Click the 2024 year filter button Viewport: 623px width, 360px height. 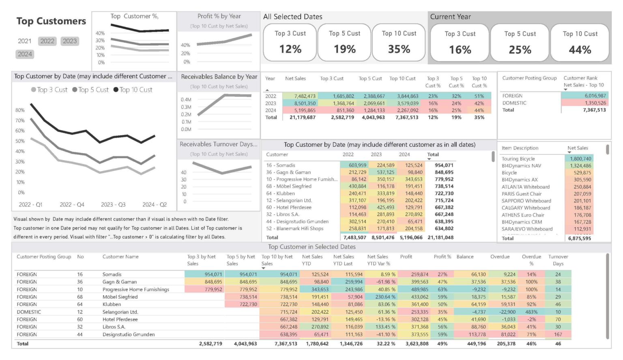tap(25, 54)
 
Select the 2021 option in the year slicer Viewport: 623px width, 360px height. tap(25, 41)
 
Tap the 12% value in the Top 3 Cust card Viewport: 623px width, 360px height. tap(290, 49)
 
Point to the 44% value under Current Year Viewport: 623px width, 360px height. tap(580, 50)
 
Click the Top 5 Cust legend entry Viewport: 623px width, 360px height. tap(90, 90)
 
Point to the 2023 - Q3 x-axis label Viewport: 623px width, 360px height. tap(113, 204)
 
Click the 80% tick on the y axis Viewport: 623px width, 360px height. tap(20, 110)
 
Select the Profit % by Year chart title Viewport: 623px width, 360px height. tap(219, 16)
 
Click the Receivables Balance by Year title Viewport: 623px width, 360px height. tap(219, 77)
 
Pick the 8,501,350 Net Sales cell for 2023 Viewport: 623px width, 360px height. tap(305, 103)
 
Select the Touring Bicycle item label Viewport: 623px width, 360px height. tap(518, 159)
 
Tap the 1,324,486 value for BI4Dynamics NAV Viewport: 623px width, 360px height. tap(580, 166)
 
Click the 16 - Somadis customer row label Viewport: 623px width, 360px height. tap(281, 165)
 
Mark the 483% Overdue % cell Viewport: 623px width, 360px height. tap(531, 312)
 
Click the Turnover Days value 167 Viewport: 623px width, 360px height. tap(558, 334)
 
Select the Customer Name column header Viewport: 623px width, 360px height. tap(120, 257)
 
